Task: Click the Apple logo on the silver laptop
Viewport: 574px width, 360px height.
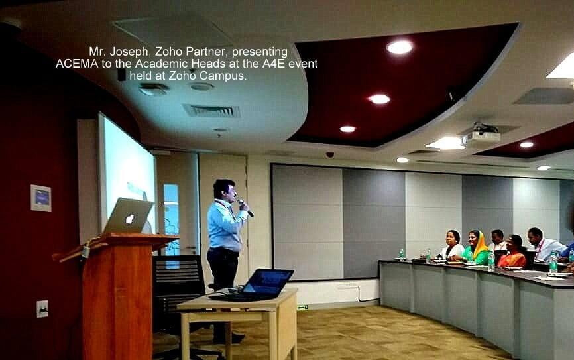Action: (x=129, y=219)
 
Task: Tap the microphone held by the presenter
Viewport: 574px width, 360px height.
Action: (x=246, y=208)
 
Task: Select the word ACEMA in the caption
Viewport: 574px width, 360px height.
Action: (x=77, y=64)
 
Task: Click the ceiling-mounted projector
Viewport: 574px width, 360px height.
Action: (x=481, y=136)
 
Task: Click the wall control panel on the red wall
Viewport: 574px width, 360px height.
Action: (x=40, y=198)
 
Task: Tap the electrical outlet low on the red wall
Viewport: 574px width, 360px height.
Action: (x=42, y=309)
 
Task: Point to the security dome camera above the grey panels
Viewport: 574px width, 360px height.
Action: (x=329, y=155)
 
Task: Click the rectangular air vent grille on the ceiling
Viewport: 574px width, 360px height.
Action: (x=211, y=111)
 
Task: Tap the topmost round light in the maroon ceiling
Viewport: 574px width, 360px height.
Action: (x=400, y=47)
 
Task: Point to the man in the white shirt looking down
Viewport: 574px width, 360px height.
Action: (x=543, y=245)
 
